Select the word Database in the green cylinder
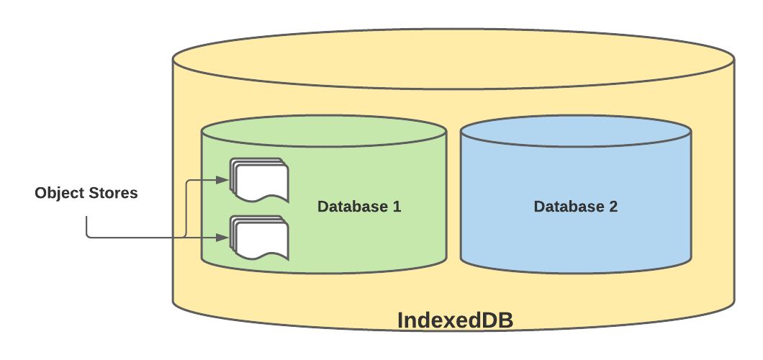pyautogui.click(x=352, y=207)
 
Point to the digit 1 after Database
pyautogui.click(x=397, y=207)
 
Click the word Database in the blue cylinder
pyautogui.click(x=568, y=207)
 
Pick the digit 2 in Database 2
pyautogui.click(x=613, y=207)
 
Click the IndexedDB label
pyautogui.click(x=455, y=320)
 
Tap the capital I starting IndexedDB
pyautogui.click(x=401, y=320)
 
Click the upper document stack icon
pyautogui.click(x=259, y=180)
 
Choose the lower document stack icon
pyautogui.click(x=259, y=238)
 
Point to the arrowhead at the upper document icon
pyautogui.click(x=223, y=179)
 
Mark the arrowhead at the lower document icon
pyautogui.click(x=223, y=237)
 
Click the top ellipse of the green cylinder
pyautogui.click(x=324, y=133)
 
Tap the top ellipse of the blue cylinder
pyautogui.click(x=576, y=133)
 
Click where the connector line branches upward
pyautogui.click(x=186, y=236)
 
